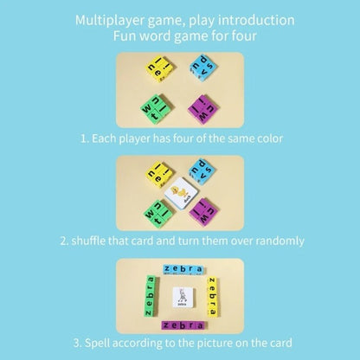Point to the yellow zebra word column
pyautogui.click(x=211, y=295)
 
